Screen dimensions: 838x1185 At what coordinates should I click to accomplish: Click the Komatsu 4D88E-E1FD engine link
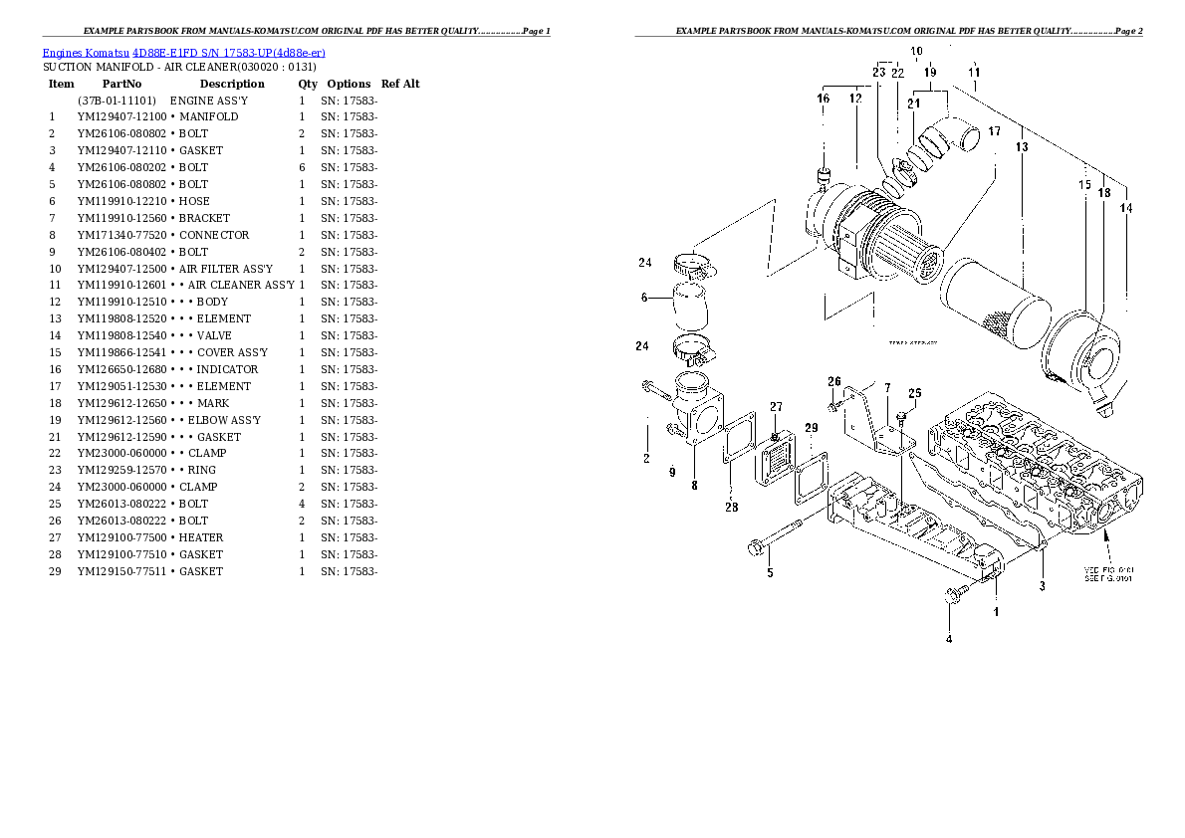tap(184, 52)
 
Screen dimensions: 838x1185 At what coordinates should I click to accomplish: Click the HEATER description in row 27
tap(201, 537)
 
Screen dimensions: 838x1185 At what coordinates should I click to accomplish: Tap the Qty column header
tap(308, 84)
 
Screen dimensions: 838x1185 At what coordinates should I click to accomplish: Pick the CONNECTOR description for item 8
tap(214, 235)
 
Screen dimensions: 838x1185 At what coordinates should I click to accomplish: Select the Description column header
tap(232, 84)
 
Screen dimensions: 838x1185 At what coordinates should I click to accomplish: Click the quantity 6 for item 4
tap(301, 167)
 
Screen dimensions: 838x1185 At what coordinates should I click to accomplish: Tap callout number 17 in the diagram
tap(994, 131)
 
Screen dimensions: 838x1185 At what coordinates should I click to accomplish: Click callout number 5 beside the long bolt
tap(770, 572)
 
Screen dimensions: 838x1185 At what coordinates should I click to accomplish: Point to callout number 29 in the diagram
tap(812, 428)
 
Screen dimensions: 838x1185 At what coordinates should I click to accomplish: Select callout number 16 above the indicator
tap(824, 99)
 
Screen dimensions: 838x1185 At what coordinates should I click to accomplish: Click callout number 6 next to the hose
tap(644, 297)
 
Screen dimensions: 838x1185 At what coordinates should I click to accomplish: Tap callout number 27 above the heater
tap(776, 406)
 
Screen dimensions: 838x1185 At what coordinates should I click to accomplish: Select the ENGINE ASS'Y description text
tap(209, 101)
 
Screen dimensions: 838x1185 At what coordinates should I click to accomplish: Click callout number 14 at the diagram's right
tap(1126, 208)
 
